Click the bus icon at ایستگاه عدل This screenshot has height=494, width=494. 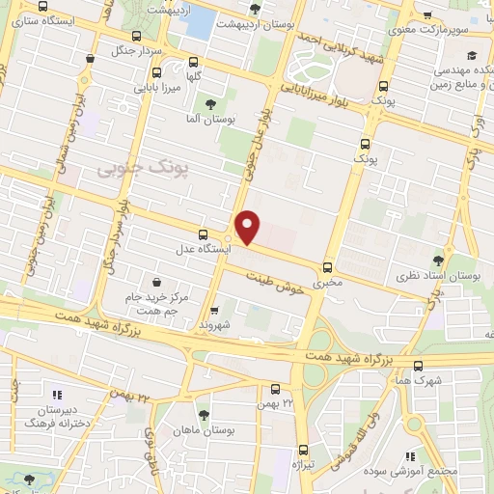(203, 233)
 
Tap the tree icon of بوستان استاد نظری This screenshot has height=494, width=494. (439, 260)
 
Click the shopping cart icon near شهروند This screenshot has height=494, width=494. (214, 311)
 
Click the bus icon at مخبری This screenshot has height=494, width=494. (327, 267)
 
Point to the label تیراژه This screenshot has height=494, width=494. (305, 465)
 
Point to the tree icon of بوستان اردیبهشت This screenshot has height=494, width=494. (254, 10)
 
